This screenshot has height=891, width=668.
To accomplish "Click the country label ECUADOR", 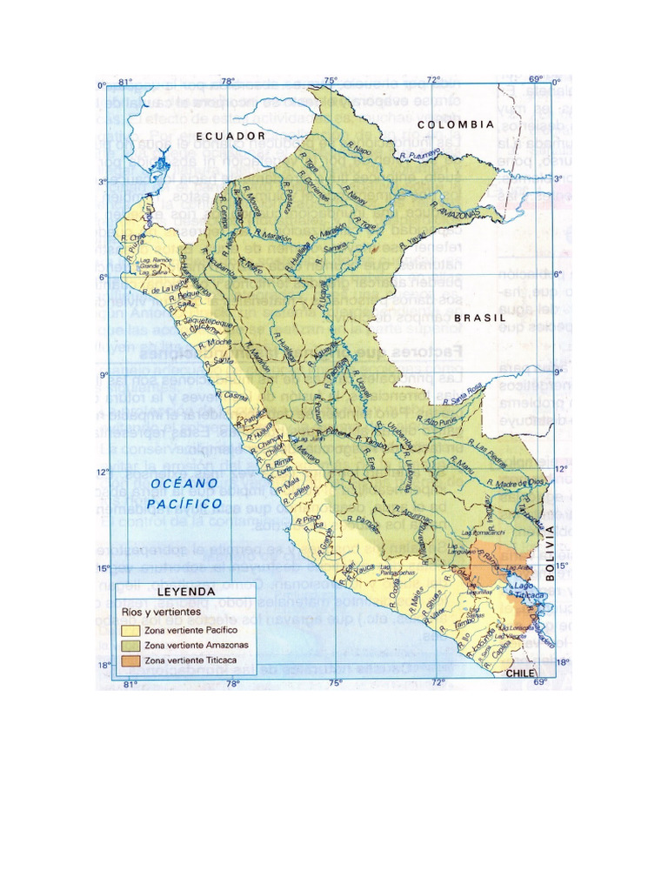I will click(x=230, y=137).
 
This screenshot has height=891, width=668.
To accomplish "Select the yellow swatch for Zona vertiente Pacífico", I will click(x=131, y=629).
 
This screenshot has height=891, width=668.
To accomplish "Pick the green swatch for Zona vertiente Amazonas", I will click(x=131, y=645).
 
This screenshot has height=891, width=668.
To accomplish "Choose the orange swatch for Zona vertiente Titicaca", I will click(x=131, y=660).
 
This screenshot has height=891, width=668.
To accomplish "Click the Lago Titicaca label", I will click(x=530, y=591).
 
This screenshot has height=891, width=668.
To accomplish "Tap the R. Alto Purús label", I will click(x=443, y=422).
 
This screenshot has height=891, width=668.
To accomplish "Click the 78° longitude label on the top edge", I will click(x=228, y=81).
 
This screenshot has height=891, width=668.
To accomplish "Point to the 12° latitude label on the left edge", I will click(x=101, y=472).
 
